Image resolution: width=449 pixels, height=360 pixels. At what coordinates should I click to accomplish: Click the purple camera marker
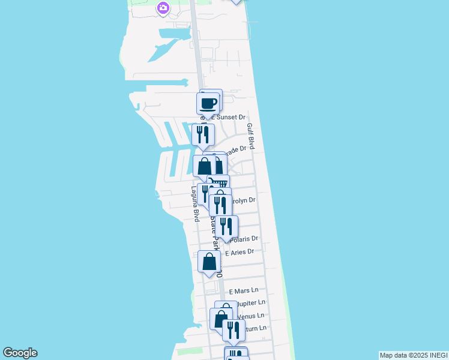(x=163, y=8)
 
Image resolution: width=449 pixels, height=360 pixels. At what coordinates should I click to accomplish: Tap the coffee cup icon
(x=208, y=103)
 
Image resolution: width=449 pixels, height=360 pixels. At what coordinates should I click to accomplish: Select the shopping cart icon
(x=220, y=184)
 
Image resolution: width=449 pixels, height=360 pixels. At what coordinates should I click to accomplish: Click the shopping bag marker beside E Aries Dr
(x=209, y=262)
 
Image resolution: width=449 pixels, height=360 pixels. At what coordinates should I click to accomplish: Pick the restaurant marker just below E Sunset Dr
(x=202, y=134)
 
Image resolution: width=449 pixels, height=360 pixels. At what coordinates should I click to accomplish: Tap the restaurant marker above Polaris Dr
(x=226, y=226)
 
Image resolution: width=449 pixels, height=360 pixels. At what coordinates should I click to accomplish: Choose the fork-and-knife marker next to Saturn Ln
(x=234, y=329)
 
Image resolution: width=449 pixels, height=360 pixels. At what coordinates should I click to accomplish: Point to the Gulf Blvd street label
(x=251, y=137)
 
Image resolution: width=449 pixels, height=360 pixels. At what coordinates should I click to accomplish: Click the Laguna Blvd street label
(x=195, y=204)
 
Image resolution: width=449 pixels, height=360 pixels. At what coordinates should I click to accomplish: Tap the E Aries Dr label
(x=240, y=252)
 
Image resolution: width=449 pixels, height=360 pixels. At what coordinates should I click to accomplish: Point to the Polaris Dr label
(x=244, y=239)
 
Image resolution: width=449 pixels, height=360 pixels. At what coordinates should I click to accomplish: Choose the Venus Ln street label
(x=251, y=316)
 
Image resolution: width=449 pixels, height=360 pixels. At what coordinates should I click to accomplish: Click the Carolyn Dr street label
(x=244, y=200)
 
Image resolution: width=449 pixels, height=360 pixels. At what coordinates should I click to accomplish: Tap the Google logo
(x=20, y=353)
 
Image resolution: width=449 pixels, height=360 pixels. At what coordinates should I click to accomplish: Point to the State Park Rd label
(x=215, y=234)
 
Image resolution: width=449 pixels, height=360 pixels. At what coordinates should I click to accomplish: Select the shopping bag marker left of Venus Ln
(x=221, y=318)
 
